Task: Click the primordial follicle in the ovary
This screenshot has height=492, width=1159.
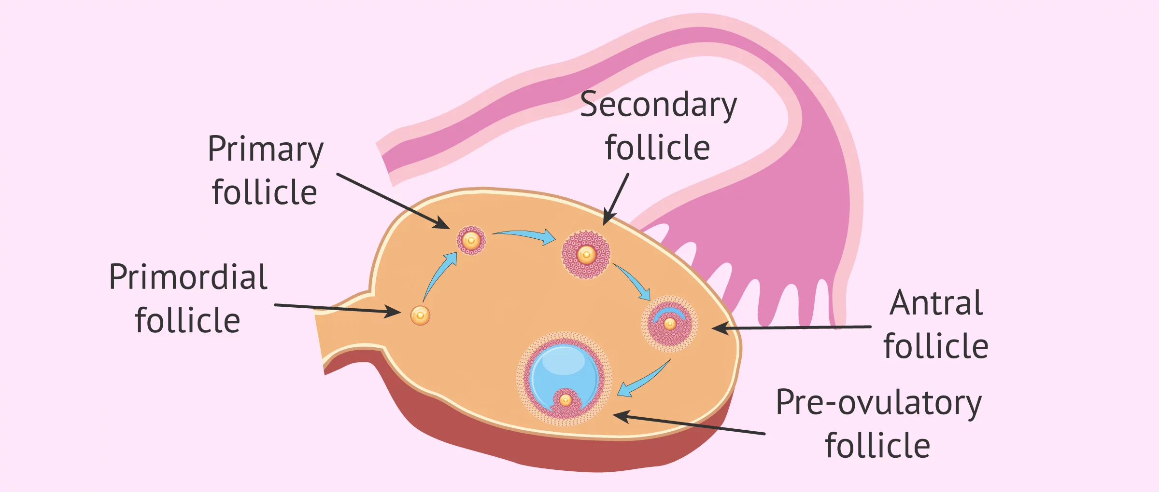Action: [x=420, y=315]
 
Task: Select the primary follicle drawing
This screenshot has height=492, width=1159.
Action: [x=471, y=240]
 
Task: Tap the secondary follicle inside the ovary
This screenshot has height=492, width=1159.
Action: [x=586, y=254]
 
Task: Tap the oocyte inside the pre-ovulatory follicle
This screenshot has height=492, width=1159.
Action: [x=565, y=400]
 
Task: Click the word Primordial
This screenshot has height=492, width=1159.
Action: [x=188, y=278]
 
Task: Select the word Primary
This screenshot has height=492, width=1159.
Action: [x=265, y=150]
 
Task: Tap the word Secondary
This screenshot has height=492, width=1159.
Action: [x=658, y=105]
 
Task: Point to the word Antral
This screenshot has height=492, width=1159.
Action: [x=936, y=303]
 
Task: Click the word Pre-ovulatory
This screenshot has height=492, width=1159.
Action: [x=878, y=403]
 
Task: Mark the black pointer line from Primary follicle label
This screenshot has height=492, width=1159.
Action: [x=391, y=200]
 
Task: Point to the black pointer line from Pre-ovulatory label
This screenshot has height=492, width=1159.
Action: [x=691, y=424]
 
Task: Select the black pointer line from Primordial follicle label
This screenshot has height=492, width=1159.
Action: [x=338, y=309]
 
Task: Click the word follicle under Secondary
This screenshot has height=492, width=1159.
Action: [x=657, y=148]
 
